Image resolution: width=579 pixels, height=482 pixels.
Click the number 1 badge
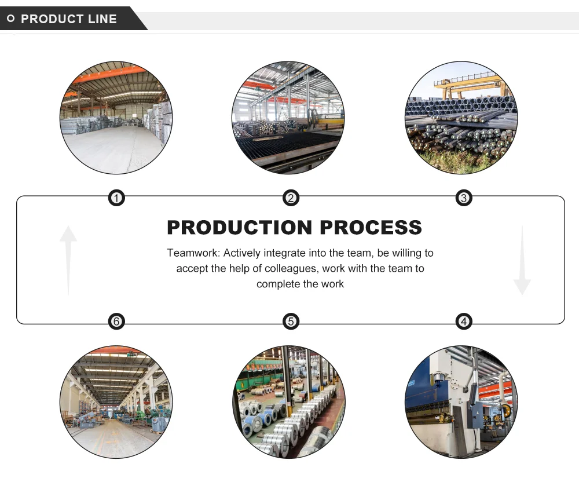coord(116,199)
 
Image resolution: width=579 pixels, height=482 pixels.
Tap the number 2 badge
coord(291,199)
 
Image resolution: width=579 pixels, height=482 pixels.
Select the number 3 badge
coord(463,199)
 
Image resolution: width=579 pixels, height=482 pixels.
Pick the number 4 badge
coord(463,322)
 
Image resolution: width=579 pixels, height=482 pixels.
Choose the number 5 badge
coord(291,322)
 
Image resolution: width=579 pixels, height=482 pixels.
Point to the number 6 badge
coord(116,322)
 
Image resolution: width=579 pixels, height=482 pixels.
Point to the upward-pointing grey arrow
coord(68,259)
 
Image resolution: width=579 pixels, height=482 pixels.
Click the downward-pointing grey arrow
coord(522,260)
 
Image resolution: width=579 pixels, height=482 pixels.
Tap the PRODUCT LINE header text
coord(69,19)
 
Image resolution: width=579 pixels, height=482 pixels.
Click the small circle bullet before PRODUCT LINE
coord(10,19)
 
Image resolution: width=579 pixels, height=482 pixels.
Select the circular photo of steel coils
coord(289,402)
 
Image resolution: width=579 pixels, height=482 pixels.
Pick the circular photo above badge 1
coord(116,118)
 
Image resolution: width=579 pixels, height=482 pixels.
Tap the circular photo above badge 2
coord(288,118)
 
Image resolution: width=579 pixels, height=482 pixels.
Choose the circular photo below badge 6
coord(116,402)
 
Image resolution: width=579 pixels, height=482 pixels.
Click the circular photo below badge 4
coord(461,402)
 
